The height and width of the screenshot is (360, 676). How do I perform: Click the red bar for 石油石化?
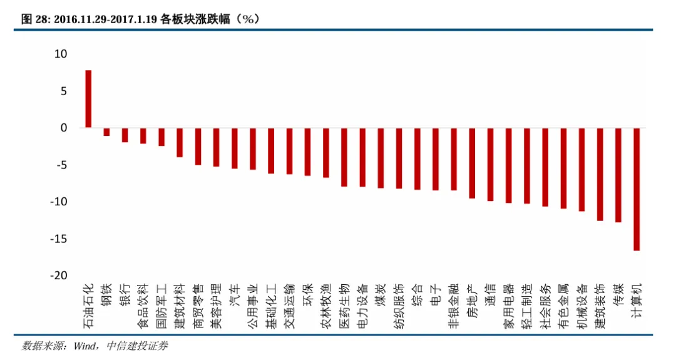click(x=88, y=99)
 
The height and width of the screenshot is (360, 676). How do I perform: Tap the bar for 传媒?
click(x=618, y=175)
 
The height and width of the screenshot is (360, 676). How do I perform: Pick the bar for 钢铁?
click(x=106, y=131)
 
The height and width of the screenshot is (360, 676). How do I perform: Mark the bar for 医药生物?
click(x=344, y=157)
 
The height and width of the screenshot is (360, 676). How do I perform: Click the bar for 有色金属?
click(x=563, y=168)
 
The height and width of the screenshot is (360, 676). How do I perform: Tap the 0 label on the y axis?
click(x=63, y=128)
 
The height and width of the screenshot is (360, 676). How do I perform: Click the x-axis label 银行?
click(x=125, y=295)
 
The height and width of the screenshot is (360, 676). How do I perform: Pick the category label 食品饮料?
click(x=143, y=305)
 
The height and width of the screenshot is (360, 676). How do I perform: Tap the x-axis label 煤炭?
click(x=381, y=295)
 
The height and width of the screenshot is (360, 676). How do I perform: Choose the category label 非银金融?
click(x=454, y=305)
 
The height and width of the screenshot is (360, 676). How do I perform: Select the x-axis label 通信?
click(x=490, y=295)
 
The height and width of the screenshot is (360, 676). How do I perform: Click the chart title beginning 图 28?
click(x=140, y=19)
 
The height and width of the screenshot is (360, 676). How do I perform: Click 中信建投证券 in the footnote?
click(x=137, y=346)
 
